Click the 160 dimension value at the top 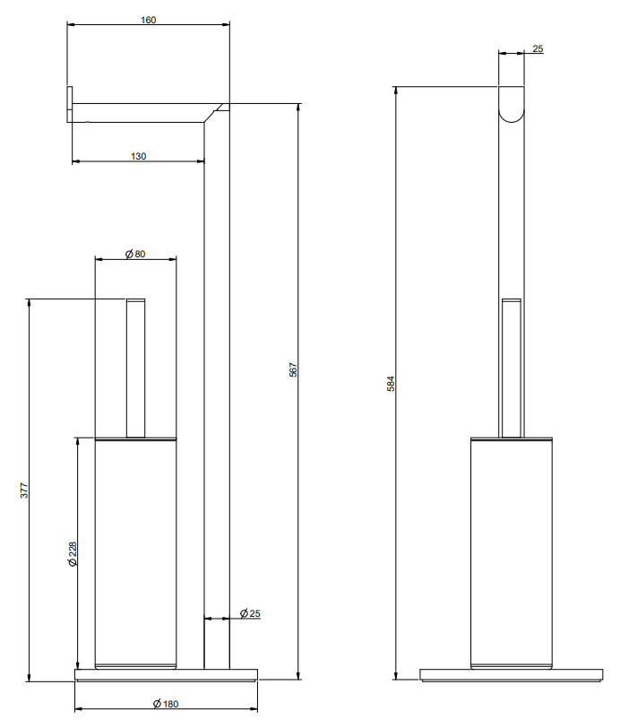point(149,20)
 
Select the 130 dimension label point(138,157)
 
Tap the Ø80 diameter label point(135,254)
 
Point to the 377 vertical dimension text point(24,490)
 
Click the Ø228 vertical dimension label point(73,554)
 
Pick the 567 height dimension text point(293,369)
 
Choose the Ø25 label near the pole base point(250,614)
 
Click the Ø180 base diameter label point(166,704)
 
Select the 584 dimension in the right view point(391,384)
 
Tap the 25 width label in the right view point(538,48)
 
